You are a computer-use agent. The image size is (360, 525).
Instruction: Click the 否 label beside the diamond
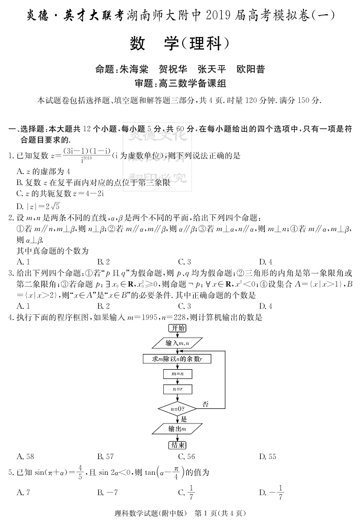(206, 404)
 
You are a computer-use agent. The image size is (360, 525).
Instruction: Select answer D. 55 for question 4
(267, 456)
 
